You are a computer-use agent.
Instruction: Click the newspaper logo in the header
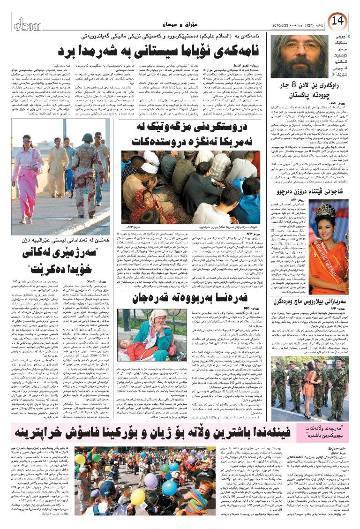click(x=29, y=23)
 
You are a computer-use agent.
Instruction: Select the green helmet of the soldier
click(x=87, y=137)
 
